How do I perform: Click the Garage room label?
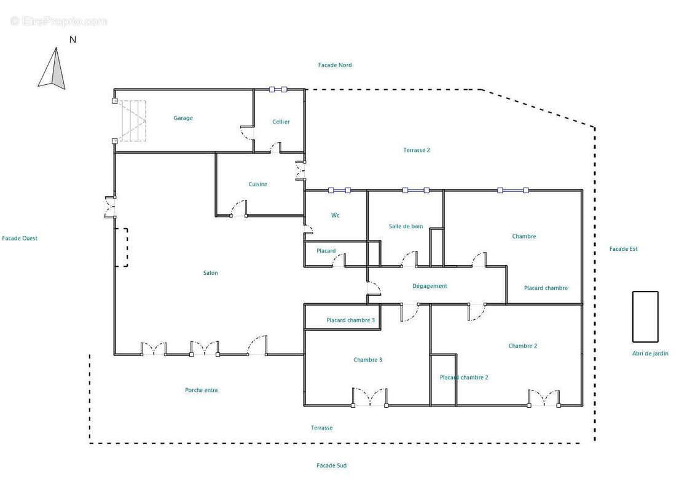pos(183,118)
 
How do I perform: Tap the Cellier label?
pos(281,122)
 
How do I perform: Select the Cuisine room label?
pos(257,184)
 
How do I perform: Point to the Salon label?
pos(211,272)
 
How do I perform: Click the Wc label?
pos(335,215)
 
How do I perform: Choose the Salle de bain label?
pos(406,226)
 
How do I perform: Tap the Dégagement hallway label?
pos(430,286)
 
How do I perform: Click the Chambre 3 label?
pos(367,360)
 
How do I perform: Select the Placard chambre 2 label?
pos(464,378)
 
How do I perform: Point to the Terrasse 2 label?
pos(417,150)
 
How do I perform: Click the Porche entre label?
pos(201,390)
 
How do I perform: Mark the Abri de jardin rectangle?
pos(645,317)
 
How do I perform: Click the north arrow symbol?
pos(53,69)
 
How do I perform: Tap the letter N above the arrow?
pos(73,39)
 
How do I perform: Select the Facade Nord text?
pos(335,65)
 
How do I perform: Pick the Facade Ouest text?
pos(20,238)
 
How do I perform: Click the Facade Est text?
pos(624,248)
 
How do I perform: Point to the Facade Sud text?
pos(332,466)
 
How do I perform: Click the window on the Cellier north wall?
pos(278,89)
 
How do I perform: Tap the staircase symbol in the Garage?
pos(130,121)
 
